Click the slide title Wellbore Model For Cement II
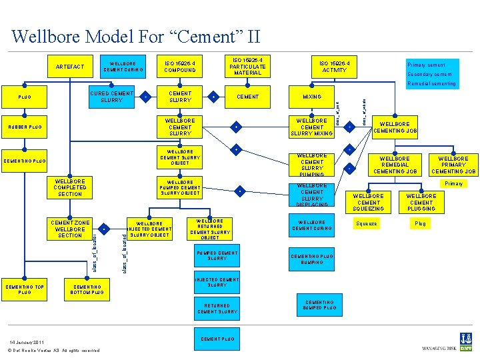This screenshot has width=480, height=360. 136,35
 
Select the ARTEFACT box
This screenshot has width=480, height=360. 70,67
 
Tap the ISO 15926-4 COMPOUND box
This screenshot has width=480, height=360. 180,67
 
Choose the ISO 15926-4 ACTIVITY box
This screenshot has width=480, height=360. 334,67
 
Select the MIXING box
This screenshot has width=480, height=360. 312,97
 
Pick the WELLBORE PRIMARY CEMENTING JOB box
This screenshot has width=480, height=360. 453,165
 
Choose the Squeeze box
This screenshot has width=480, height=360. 367,224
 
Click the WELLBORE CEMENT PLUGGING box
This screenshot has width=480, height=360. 421,202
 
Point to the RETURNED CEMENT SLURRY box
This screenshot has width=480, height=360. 217,308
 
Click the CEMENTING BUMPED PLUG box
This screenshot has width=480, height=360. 320,305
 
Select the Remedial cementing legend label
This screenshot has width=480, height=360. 431,84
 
